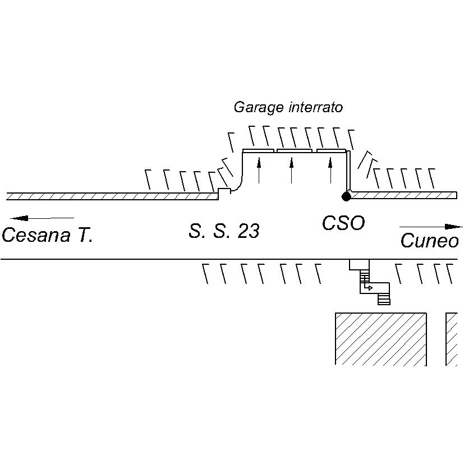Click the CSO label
tap(343, 223)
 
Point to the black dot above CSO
tap(347, 196)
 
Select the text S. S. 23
tap(224, 231)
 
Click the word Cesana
tap(37, 235)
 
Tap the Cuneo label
tap(429, 241)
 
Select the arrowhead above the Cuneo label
tap(452, 227)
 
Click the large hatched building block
tap(380, 339)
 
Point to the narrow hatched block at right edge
tap(452, 339)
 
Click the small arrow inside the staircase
tap(369, 287)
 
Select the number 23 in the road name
tap(248, 231)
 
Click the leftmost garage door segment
tap(258, 151)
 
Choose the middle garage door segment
tap(295, 151)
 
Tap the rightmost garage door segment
tap(331, 151)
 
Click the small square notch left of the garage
tap(224, 192)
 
